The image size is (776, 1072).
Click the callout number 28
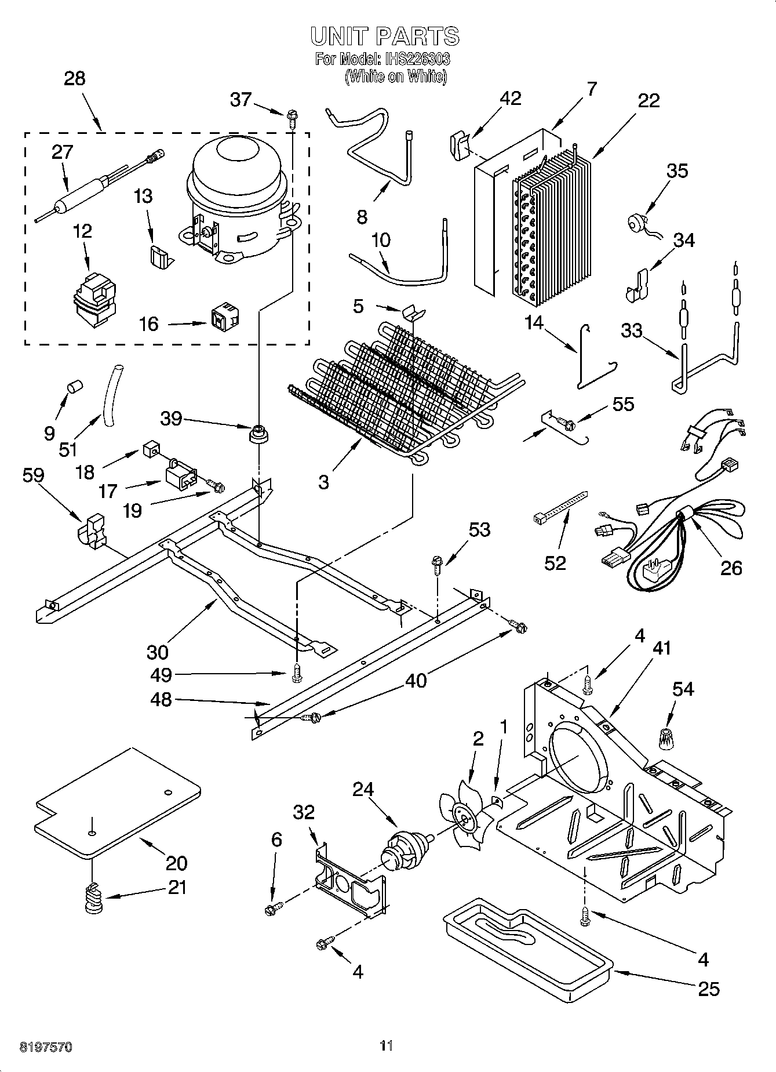tap(74, 79)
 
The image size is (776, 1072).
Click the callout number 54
tap(683, 689)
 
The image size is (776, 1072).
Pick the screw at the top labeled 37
tap(292, 119)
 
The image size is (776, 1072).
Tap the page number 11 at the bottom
tap(387, 1045)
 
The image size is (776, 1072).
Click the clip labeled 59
tap(92, 529)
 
